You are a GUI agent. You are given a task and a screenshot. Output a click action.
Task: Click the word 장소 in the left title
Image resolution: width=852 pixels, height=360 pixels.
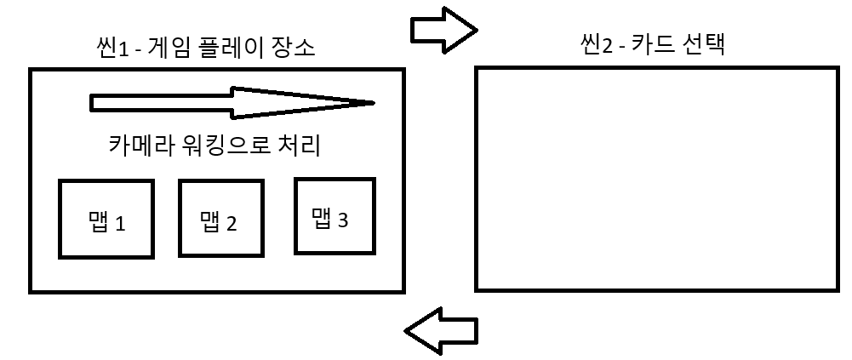click(294, 49)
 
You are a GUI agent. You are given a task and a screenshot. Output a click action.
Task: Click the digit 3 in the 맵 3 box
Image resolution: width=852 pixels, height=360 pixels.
click(342, 220)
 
